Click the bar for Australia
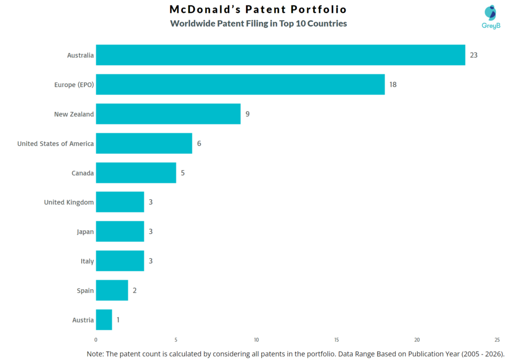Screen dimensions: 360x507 (x=280, y=55)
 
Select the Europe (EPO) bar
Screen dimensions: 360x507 (x=240, y=85)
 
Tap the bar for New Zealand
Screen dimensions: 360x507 (x=168, y=114)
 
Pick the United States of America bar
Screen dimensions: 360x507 (x=144, y=144)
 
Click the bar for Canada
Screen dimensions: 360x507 (x=136, y=173)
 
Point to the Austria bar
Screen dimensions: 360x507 (x=104, y=320)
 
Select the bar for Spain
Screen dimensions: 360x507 (x=112, y=290)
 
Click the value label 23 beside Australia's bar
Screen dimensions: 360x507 (x=473, y=55)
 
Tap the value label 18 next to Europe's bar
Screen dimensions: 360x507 (x=393, y=85)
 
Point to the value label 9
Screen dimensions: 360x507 (x=247, y=114)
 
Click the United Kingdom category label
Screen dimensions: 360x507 (x=69, y=202)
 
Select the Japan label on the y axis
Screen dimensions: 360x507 (x=85, y=232)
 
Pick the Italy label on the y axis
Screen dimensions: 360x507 (x=87, y=261)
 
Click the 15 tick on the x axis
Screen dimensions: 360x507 (x=337, y=340)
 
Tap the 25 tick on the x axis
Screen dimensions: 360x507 (x=497, y=340)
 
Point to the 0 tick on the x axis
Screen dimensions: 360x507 (x=96, y=340)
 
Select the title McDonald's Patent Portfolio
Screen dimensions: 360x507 (x=258, y=9)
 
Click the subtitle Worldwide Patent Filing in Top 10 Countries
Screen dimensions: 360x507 (x=258, y=23)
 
